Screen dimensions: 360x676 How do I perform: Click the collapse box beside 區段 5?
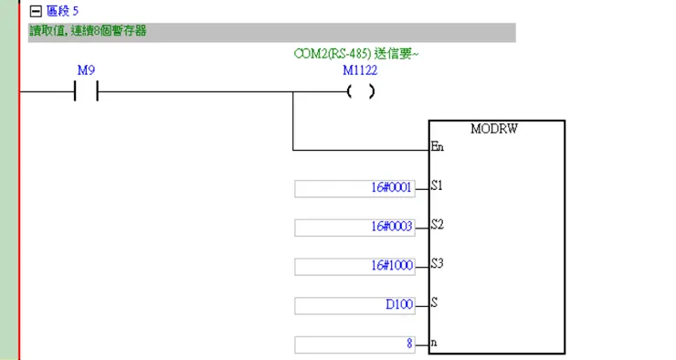pos(36,12)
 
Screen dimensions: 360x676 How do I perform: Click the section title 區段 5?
pos(60,12)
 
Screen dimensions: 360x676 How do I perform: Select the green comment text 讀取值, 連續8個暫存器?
pos(89,31)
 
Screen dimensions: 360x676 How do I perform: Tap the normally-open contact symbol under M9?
pos(85,92)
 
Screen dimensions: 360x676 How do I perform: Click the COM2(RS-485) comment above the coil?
pos(356,55)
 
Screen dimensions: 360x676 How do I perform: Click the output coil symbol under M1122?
pos(361,92)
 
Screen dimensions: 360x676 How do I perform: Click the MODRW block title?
pos(494,129)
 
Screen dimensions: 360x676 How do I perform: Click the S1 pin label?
pos(437,186)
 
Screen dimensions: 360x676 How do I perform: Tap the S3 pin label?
pos(437,265)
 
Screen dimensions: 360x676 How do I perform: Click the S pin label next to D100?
pos(434,304)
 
